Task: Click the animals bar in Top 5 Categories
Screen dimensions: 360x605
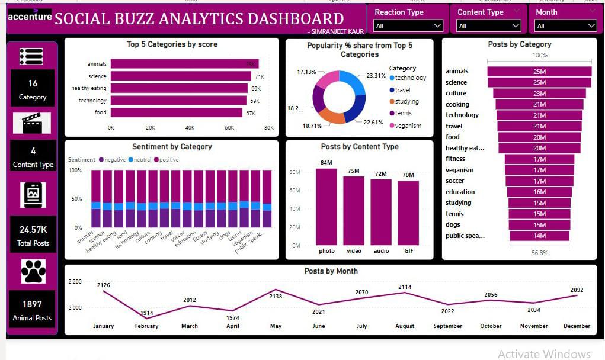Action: click(x=184, y=64)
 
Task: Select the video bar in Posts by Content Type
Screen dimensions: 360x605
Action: click(x=354, y=210)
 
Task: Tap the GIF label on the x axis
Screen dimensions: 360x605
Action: click(x=409, y=251)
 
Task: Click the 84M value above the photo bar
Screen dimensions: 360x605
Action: click(x=326, y=163)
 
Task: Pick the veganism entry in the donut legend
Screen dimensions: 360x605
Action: click(x=408, y=126)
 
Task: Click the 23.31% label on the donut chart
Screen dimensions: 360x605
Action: click(x=376, y=76)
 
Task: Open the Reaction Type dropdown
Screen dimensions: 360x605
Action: click(x=409, y=26)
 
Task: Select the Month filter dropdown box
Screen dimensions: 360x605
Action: click(x=566, y=26)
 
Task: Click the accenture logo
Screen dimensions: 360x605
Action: click(x=30, y=17)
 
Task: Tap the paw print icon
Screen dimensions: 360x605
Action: click(x=33, y=271)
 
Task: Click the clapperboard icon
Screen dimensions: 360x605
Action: click(x=32, y=123)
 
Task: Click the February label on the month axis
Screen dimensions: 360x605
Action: click(x=146, y=326)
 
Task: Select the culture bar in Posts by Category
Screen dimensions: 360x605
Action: click(x=539, y=94)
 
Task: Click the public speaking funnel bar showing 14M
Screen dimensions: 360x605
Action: click(x=539, y=236)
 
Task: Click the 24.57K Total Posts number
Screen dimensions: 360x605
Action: click(x=33, y=230)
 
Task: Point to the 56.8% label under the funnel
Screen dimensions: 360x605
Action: click(x=539, y=253)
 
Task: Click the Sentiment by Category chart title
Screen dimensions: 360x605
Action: click(x=172, y=147)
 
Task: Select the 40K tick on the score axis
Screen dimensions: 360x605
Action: click(x=190, y=128)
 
